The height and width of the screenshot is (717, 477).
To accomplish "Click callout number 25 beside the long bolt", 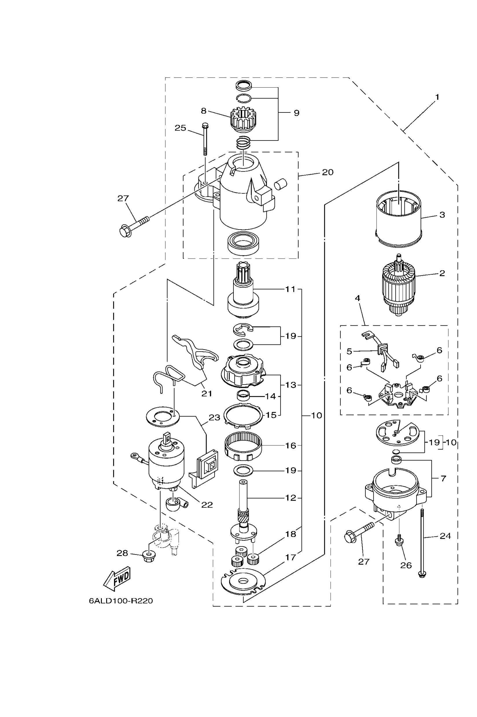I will pos(180,128).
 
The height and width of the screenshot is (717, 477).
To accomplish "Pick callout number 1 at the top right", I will pos(437,97).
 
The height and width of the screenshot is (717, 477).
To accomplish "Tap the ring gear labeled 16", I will pos(243,446).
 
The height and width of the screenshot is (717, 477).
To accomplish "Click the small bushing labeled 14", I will pos(243,396).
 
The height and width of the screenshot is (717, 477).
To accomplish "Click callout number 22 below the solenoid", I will pos(207,505).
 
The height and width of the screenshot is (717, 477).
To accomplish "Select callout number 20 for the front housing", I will pos(328,172).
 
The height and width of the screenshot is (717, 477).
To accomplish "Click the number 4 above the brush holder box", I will pos(358,298).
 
